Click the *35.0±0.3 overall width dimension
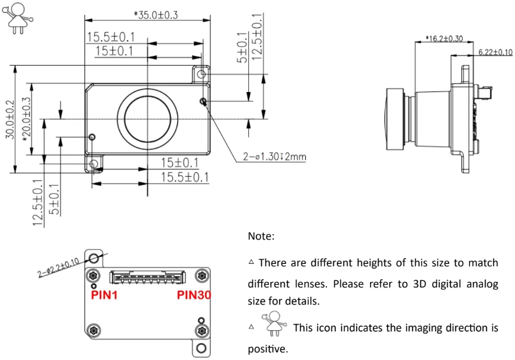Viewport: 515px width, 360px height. pos(148,15)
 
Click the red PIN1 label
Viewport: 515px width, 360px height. pos(105,295)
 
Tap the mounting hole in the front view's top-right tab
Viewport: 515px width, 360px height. pos(202,75)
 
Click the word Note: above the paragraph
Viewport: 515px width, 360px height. pos(260,237)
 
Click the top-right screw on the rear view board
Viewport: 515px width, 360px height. pos(202,275)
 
